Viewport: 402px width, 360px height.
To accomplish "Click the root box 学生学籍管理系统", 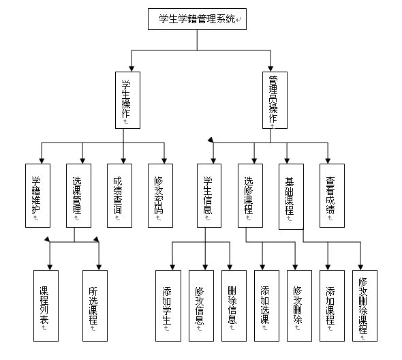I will pos(198,19).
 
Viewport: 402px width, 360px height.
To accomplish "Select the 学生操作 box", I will pos(127,100).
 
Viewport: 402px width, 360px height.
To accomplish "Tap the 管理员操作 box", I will pos(273,100).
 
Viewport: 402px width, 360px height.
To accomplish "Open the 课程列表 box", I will pos(46,305).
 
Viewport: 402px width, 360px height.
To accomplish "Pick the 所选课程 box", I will pos(95,305).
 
